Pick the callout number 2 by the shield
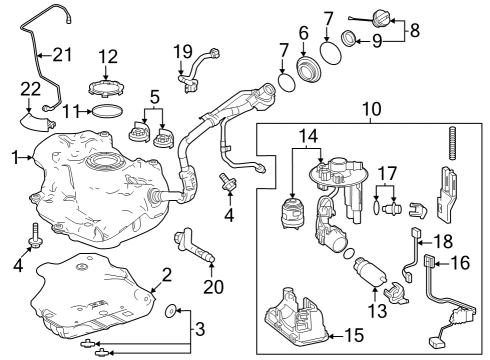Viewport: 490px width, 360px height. tap(167, 274)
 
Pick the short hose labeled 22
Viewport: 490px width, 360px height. tap(37, 122)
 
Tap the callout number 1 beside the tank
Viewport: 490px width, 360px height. tap(15, 157)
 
